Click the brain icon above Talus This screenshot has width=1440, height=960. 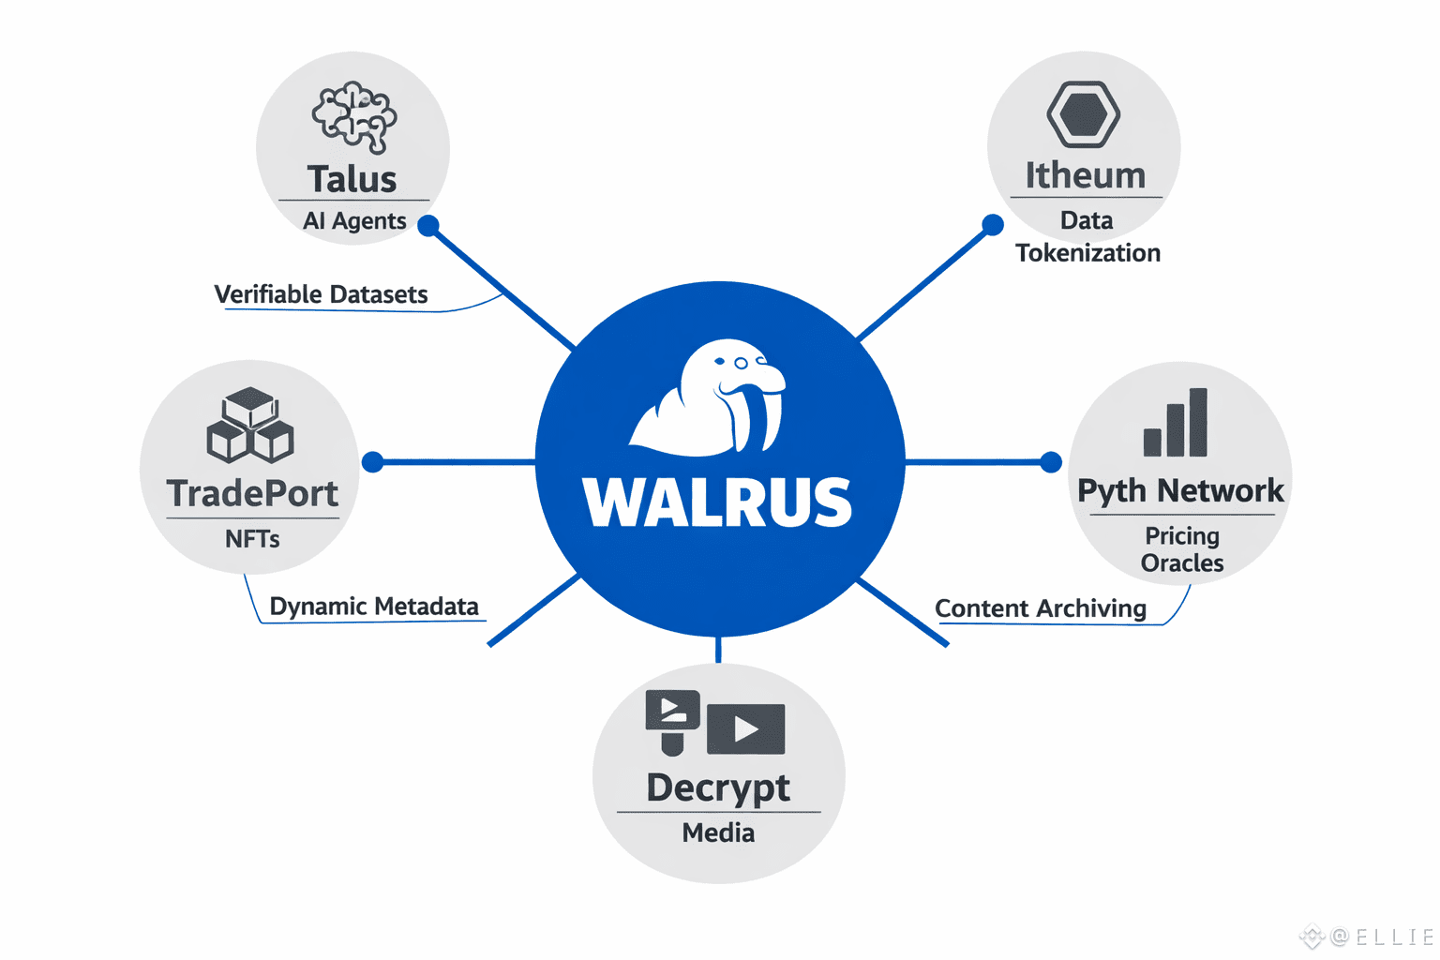[x=353, y=117]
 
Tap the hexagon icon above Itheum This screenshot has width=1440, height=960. [x=1083, y=114]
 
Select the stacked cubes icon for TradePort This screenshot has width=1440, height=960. [x=250, y=426]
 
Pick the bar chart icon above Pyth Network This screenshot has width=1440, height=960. [x=1176, y=423]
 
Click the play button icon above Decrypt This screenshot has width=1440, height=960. [x=746, y=728]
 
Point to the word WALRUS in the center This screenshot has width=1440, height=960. [x=717, y=502]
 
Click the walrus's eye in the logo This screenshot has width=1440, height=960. [x=741, y=363]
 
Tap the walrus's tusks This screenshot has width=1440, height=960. [x=757, y=418]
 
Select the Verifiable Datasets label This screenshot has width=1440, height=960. [x=321, y=294]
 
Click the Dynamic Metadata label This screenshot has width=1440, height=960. [x=374, y=607]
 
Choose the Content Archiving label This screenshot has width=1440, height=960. [x=1041, y=608]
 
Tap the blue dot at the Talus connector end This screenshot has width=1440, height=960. [x=428, y=226]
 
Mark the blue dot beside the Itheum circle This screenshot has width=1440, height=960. [x=993, y=225]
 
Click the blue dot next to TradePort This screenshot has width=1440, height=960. [x=373, y=461]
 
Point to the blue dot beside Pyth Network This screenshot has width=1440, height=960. [x=1051, y=461]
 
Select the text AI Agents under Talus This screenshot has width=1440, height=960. [x=354, y=221]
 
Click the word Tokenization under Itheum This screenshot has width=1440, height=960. [x=1087, y=253]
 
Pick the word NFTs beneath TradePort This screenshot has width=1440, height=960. [x=252, y=539]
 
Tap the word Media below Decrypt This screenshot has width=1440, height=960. [x=718, y=832]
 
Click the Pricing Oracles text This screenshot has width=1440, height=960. [x=1182, y=549]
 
